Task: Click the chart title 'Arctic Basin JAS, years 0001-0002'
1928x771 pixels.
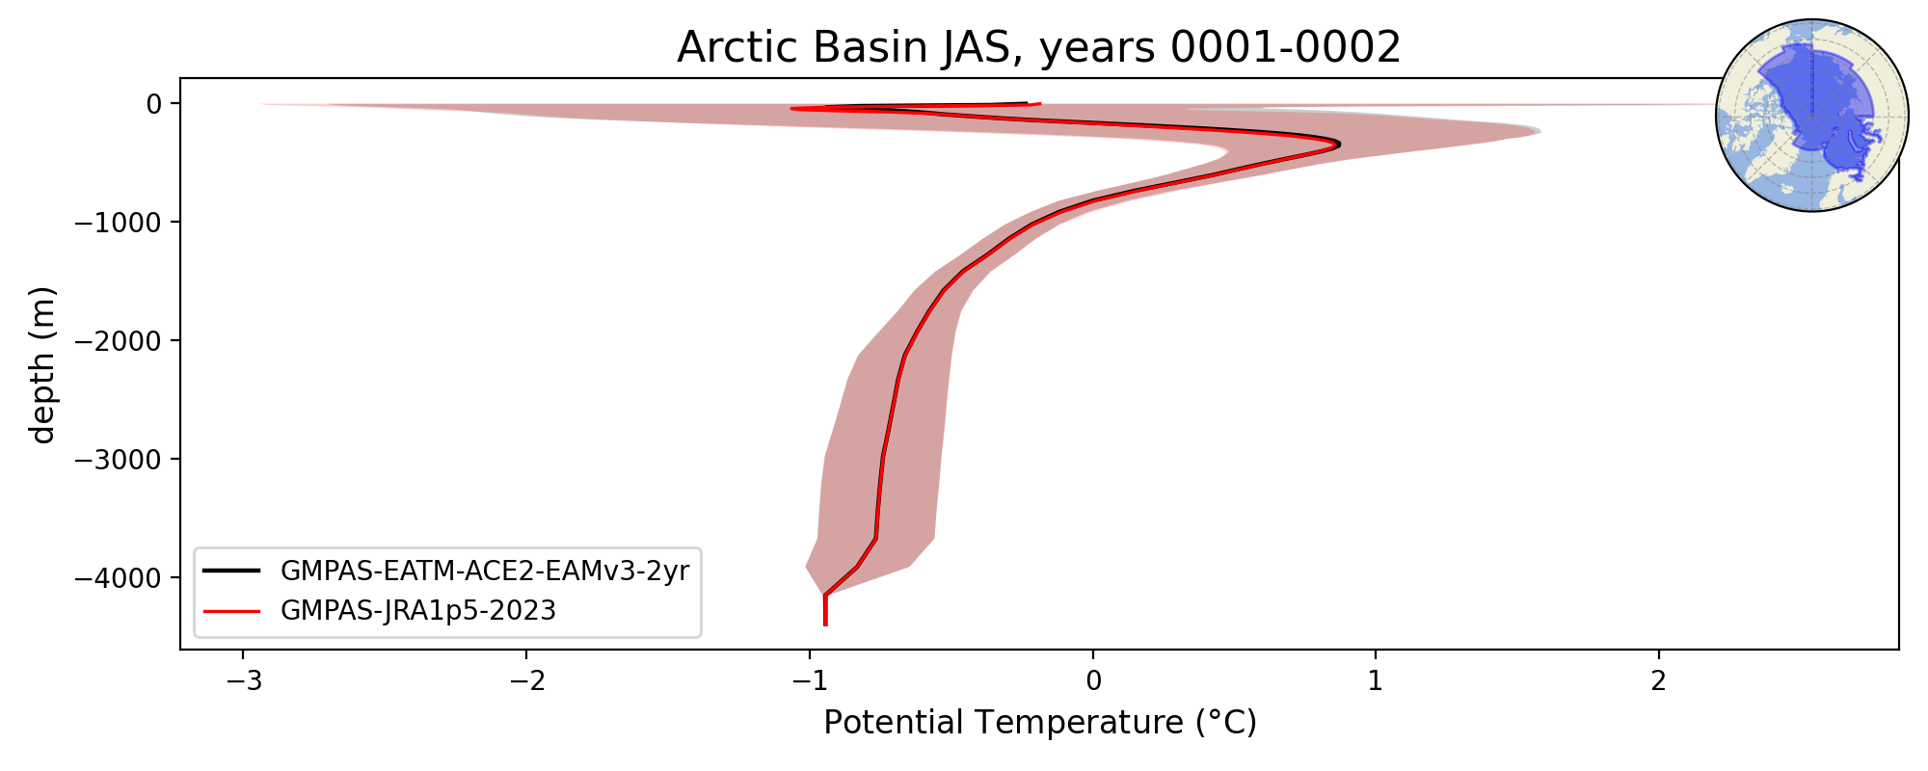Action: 1038,47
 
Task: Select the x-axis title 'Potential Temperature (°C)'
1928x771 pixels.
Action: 1040,722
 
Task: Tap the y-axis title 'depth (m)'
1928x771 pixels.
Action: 43,364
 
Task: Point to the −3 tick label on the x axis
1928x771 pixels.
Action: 243,681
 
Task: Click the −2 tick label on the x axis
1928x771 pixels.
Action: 526,681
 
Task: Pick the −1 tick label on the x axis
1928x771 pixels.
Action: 810,681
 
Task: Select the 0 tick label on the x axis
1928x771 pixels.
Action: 1093,681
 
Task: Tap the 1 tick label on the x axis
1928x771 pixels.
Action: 1376,681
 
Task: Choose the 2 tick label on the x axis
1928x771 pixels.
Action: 1659,681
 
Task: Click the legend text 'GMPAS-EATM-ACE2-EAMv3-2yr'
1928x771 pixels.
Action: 485,572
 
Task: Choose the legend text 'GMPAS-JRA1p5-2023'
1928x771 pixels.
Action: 418,611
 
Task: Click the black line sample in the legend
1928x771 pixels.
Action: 232,572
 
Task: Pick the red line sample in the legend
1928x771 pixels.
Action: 232,611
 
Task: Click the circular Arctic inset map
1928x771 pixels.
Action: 1812,116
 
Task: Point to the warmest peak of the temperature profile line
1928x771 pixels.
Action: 1339,145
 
